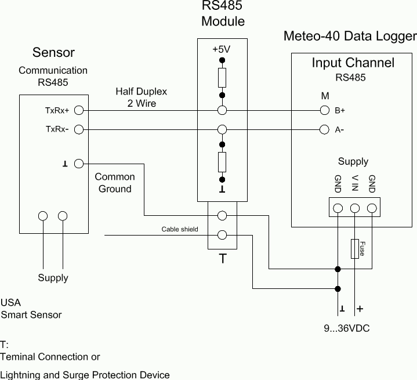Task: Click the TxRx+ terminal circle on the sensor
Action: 79,110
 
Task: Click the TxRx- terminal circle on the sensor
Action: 79,129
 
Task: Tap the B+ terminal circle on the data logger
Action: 325,110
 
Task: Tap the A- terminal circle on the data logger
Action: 325,129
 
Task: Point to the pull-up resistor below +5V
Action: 222,77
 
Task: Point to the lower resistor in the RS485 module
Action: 222,162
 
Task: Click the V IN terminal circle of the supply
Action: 355,208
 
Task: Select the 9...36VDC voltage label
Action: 346,329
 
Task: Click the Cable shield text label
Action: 179,229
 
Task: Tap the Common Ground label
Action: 115,183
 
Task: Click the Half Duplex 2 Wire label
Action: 141,97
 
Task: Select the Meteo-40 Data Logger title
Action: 350,37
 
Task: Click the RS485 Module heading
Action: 223,14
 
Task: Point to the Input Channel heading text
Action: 353,63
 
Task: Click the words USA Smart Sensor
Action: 31,309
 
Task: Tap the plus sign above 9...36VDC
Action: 360,309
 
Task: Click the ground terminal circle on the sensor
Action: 79,164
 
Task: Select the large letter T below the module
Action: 223,259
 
